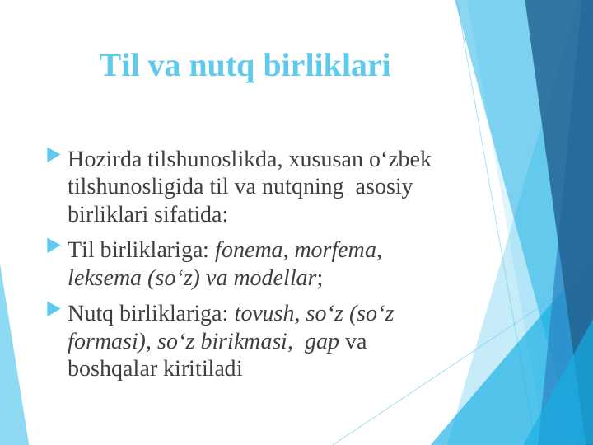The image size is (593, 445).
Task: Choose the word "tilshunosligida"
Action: click(x=130, y=187)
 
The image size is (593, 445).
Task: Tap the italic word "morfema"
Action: click(x=338, y=249)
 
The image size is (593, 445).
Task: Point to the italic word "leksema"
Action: click(x=104, y=278)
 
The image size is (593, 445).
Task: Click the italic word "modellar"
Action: click(x=274, y=278)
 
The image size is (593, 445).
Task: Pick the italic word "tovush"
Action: click(x=264, y=315)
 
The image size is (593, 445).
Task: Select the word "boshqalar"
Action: click(x=106, y=369)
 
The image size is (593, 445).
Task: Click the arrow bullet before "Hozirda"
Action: click(x=54, y=155)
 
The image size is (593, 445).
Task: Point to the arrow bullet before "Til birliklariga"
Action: click(x=54, y=246)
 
